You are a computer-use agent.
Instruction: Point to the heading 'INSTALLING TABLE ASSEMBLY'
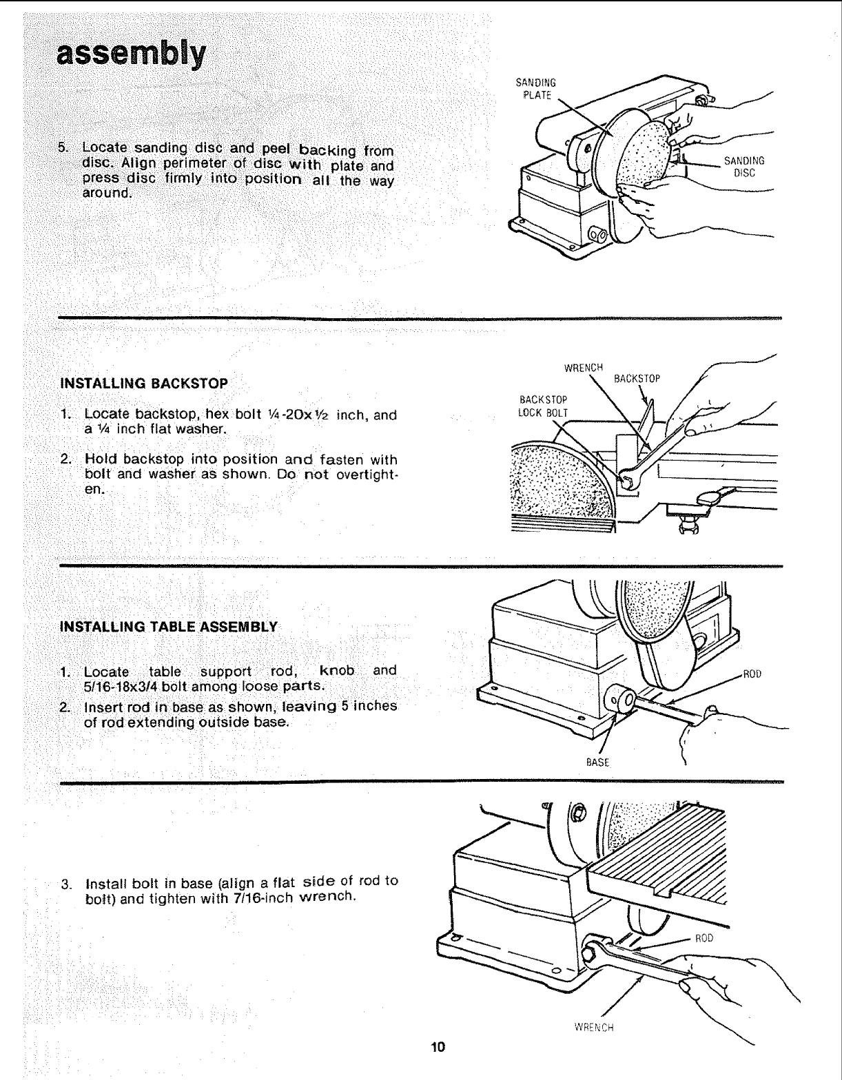click(x=169, y=627)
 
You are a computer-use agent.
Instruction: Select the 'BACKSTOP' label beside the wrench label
click(x=637, y=379)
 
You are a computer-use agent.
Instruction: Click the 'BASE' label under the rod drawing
click(x=596, y=762)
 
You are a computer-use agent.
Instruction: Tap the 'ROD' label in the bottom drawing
click(x=704, y=939)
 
